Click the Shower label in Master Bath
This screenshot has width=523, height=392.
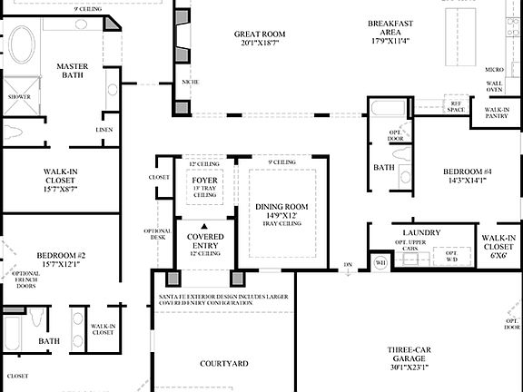click(x=19, y=95)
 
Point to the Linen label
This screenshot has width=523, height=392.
click(x=104, y=130)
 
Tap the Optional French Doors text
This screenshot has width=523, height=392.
click(x=25, y=282)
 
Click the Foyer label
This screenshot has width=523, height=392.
click(x=203, y=180)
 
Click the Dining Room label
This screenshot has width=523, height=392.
click(x=281, y=207)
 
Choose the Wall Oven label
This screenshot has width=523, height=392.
click(x=495, y=85)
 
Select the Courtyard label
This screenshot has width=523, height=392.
click(x=223, y=363)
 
